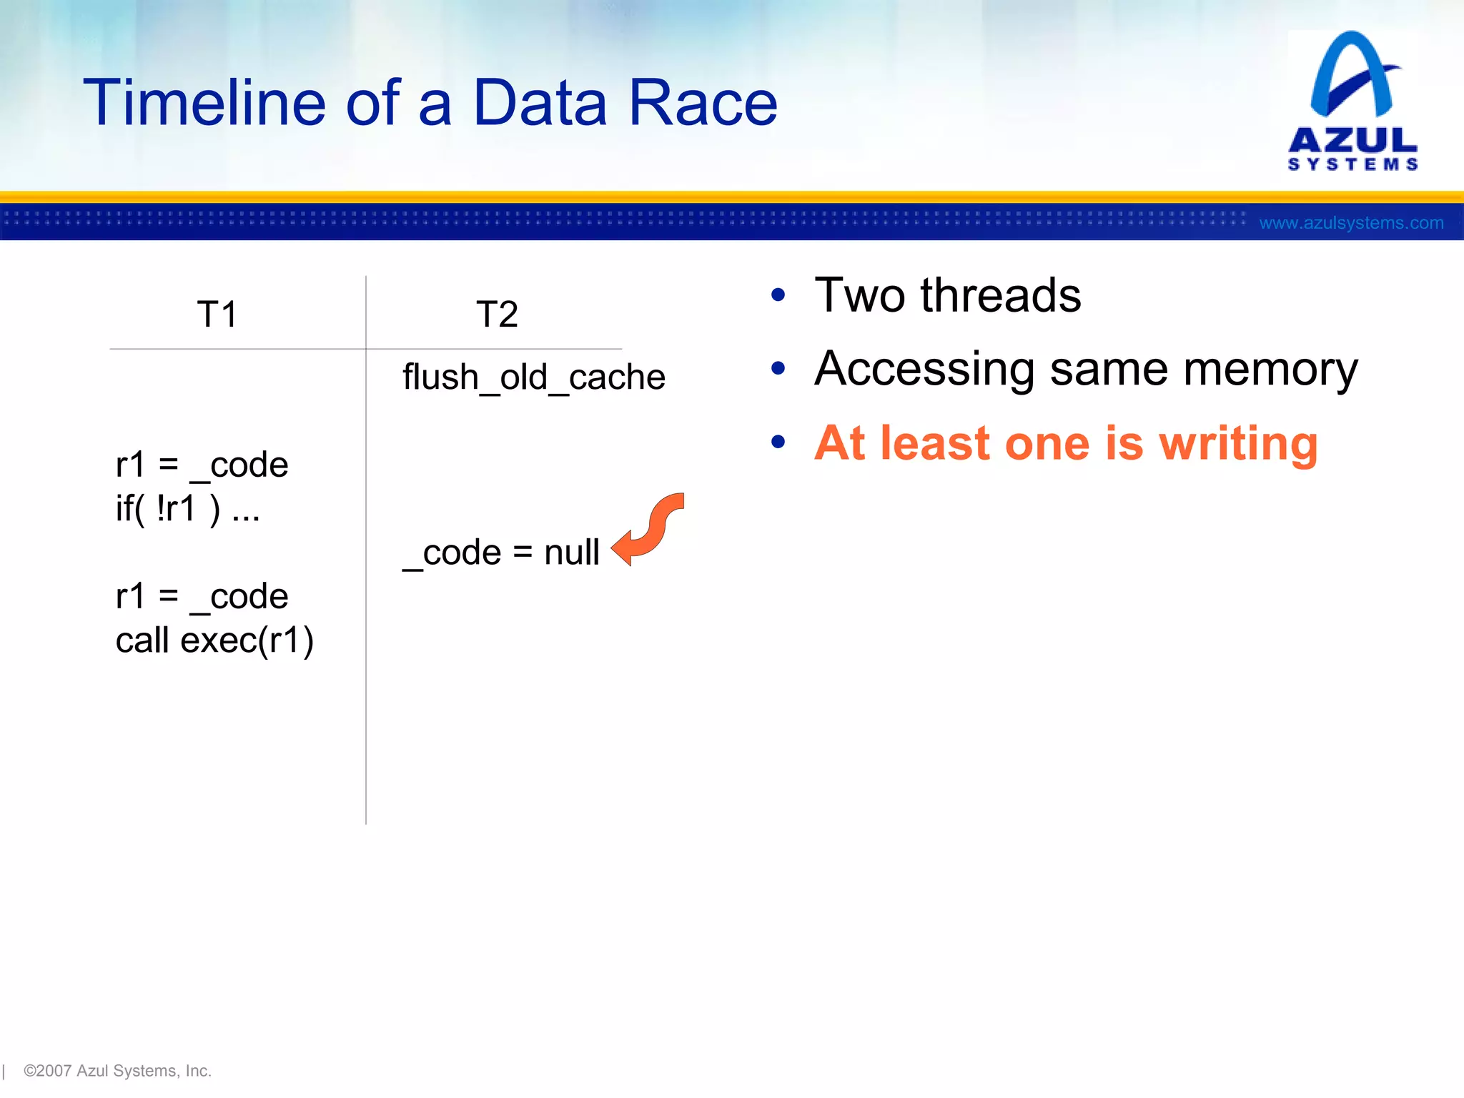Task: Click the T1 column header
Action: pos(217,315)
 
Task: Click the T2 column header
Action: pos(497,315)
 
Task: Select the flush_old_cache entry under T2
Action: pos(533,377)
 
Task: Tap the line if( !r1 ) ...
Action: pos(187,509)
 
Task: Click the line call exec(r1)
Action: pos(214,640)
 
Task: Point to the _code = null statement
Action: pos(501,553)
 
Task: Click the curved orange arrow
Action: pos(649,530)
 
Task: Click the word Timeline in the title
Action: pos(204,104)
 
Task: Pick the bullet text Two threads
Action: pos(947,295)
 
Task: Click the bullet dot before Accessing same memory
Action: pos(778,369)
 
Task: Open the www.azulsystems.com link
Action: pos(1351,223)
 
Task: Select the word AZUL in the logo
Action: pos(1352,140)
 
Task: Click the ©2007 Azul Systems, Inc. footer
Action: pos(117,1071)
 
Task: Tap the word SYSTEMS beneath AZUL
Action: pos(1352,165)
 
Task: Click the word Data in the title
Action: pos(540,104)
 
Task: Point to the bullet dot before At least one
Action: pos(778,442)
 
